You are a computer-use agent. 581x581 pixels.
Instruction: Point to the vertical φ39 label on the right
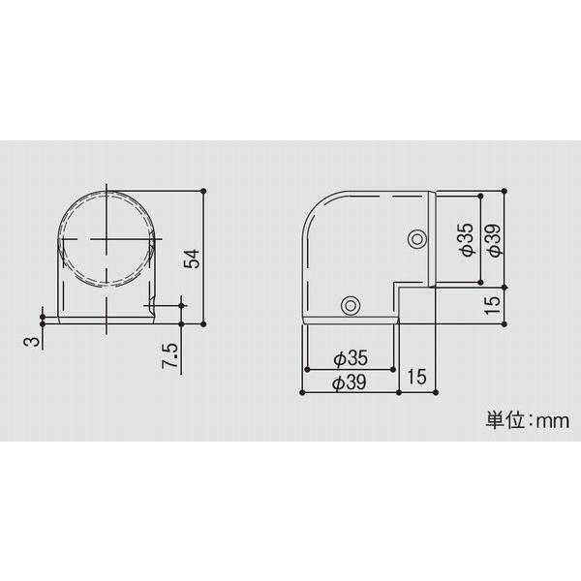pos(493,238)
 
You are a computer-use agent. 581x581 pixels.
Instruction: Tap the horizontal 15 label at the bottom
pos(417,376)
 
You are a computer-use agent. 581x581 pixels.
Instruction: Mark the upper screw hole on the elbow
pos(416,238)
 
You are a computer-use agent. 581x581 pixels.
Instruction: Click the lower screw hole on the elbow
pos(350,306)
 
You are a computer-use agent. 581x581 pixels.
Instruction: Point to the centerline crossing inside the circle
pos(107,238)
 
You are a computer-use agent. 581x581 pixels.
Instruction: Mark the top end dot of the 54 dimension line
pos(204,190)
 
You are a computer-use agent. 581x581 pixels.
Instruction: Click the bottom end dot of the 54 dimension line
pos(204,323)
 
